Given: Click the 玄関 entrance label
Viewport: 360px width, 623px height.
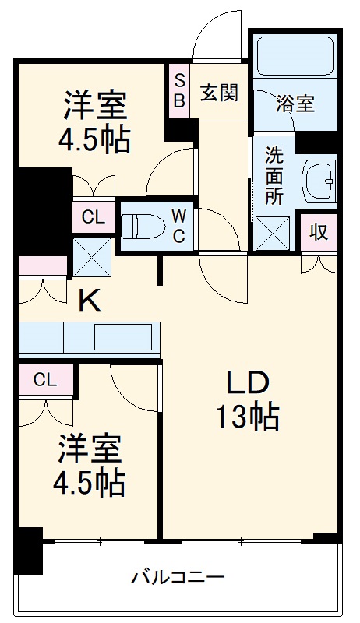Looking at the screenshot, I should (x=219, y=93).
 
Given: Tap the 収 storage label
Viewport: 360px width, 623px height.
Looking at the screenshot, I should (x=318, y=231).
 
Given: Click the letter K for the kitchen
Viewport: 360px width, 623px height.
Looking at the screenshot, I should (x=90, y=301).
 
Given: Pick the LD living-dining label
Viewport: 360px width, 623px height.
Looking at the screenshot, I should (x=247, y=383).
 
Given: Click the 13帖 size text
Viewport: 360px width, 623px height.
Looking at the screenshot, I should (x=247, y=418).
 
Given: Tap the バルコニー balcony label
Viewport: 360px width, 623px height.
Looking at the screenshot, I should (x=178, y=578).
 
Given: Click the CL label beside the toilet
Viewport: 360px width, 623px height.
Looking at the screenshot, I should (x=92, y=217).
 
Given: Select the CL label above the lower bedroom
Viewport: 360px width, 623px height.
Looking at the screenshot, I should (x=45, y=380).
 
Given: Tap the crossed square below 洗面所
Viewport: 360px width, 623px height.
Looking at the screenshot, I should (x=274, y=231).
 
